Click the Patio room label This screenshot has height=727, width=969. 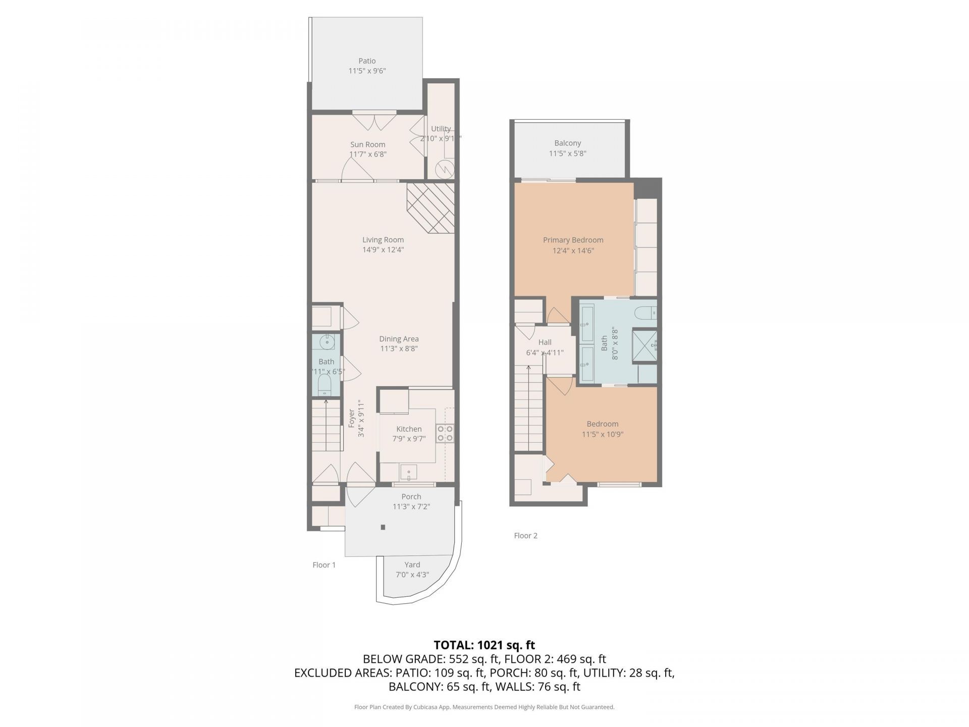coord(367,61)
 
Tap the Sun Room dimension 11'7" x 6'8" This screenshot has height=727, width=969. coord(368,154)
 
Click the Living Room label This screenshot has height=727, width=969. coord(383,240)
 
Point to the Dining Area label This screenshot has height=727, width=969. coord(399,339)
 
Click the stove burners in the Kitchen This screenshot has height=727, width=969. coord(445,433)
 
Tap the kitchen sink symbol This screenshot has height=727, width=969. coord(409,473)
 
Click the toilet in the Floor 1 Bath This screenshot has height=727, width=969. coord(325,385)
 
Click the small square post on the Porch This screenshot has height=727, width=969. coord(383,528)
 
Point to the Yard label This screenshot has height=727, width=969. coord(412,564)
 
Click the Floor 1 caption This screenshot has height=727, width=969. coord(324,565)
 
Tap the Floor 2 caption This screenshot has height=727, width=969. coord(525,536)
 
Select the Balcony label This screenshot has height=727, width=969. coord(567,143)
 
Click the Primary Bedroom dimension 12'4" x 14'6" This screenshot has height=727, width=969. coord(573,250)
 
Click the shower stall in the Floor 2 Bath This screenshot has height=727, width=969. coord(644,346)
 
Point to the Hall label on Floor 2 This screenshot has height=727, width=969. coord(545,342)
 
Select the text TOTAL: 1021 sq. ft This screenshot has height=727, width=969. coord(484,645)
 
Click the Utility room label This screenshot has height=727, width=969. coord(441,129)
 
